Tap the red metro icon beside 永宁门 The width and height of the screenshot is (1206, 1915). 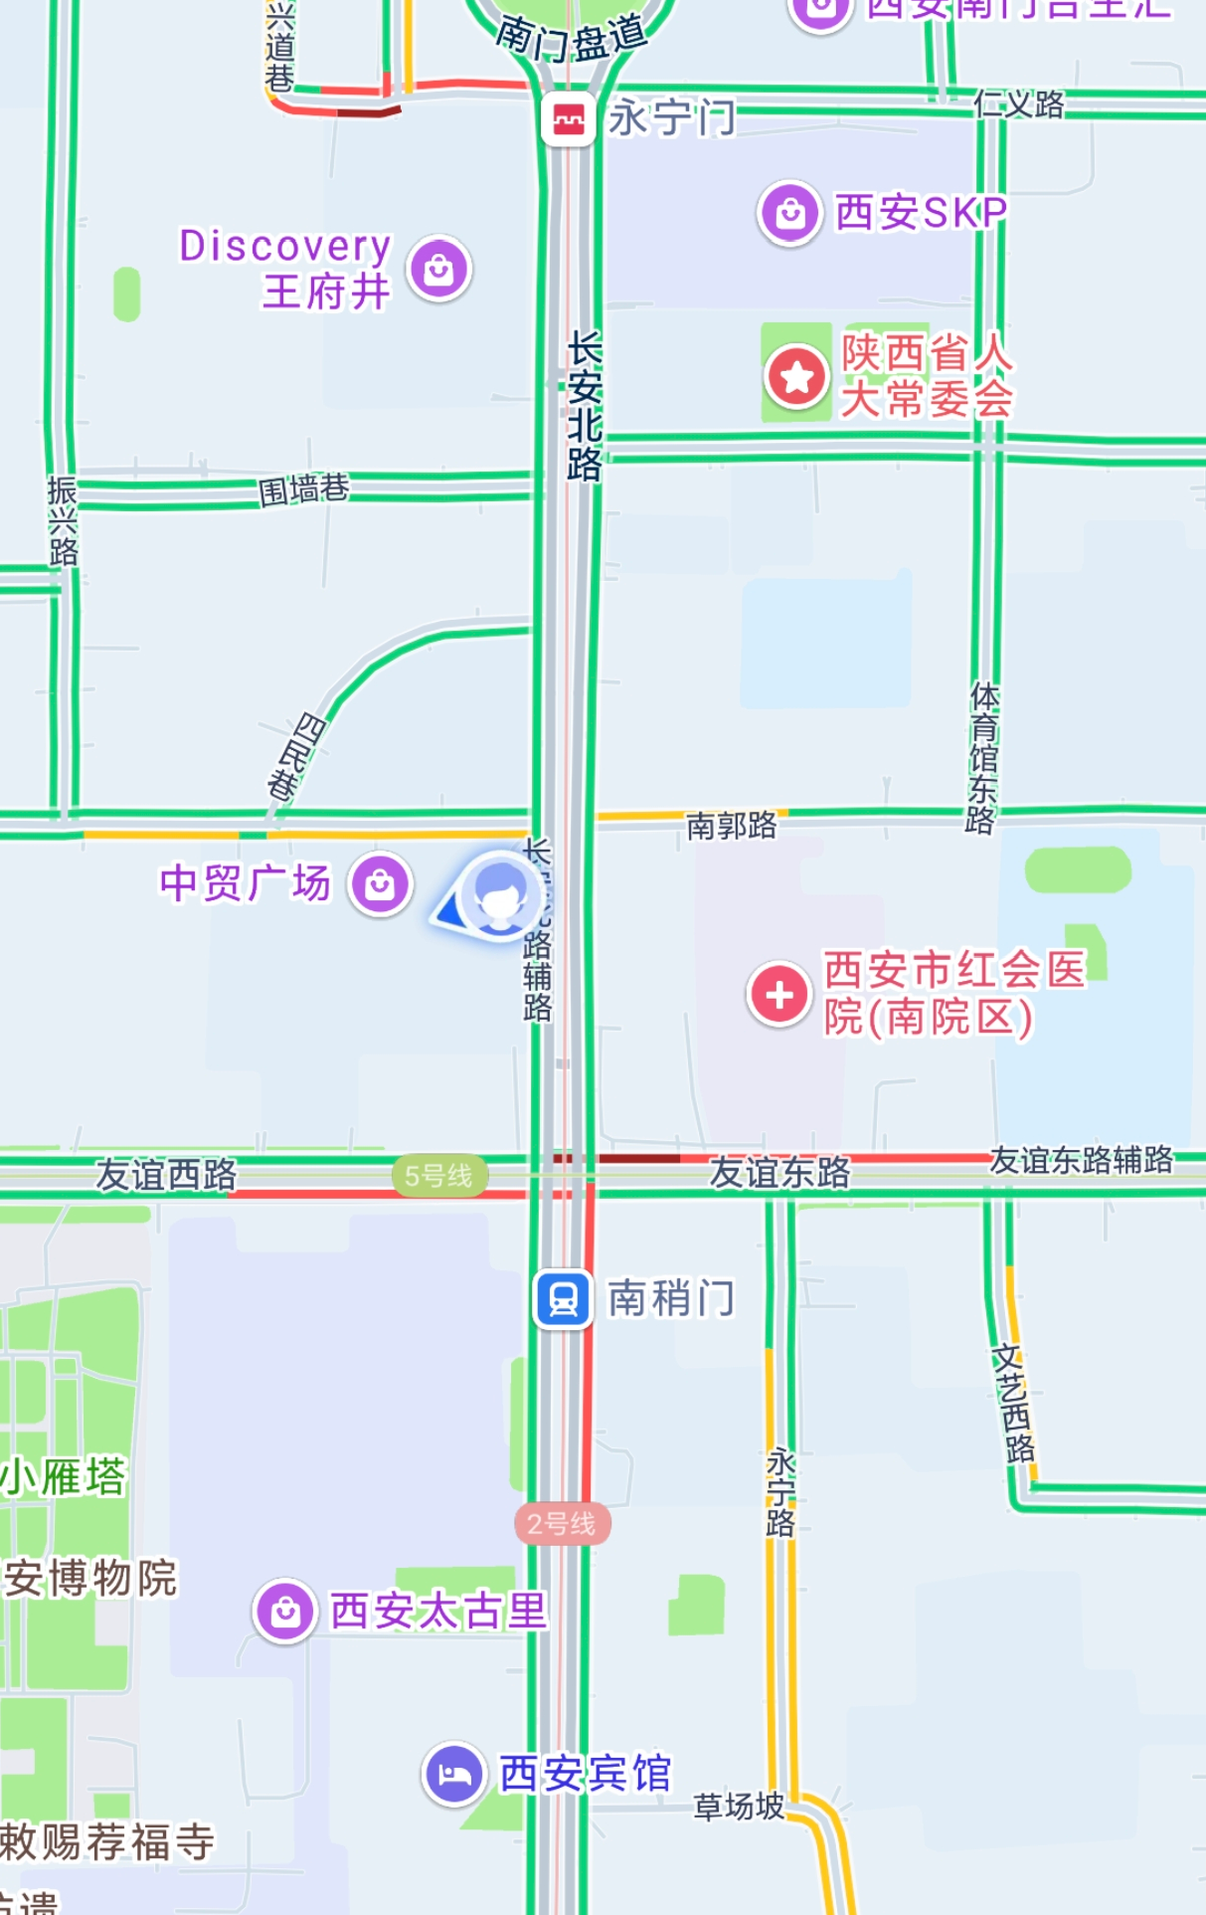[568, 119]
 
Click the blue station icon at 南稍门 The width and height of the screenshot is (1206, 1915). [564, 1299]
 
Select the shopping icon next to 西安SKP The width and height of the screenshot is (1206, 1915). [790, 213]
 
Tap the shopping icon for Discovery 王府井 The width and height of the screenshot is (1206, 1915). [439, 269]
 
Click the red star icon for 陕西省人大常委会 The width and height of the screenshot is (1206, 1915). [796, 377]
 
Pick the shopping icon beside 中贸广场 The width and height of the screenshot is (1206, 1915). [380, 884]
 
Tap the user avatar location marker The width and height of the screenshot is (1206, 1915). [499, 895]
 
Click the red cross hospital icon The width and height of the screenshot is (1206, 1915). [779, 994]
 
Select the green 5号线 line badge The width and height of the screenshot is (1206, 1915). [438, 1176]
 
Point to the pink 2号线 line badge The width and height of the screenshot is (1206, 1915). [562, 1523]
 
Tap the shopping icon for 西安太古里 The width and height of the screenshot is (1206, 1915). [285, 1611]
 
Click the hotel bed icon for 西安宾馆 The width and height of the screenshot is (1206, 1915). [454, 1774]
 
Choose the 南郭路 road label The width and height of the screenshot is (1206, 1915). [732, 826]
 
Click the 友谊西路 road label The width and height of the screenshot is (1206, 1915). [166, 1175]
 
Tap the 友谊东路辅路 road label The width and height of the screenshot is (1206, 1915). [1081, 1160]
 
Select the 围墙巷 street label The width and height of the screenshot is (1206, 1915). [303, 489]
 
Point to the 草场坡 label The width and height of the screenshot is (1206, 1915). [739, 1807]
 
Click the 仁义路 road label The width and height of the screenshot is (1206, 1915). [1019, 103]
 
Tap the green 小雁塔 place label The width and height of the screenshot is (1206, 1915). [65, 1477]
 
